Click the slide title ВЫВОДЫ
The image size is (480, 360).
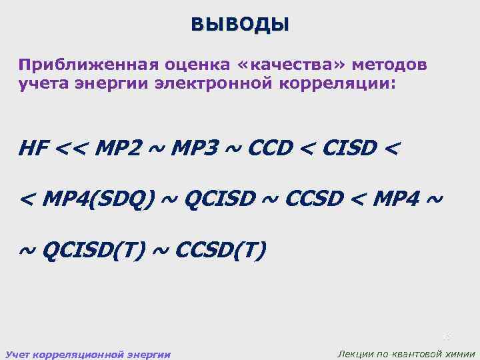point(240,25)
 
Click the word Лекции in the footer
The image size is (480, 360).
point(357,354)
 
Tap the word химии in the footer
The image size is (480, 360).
point(461,354)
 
